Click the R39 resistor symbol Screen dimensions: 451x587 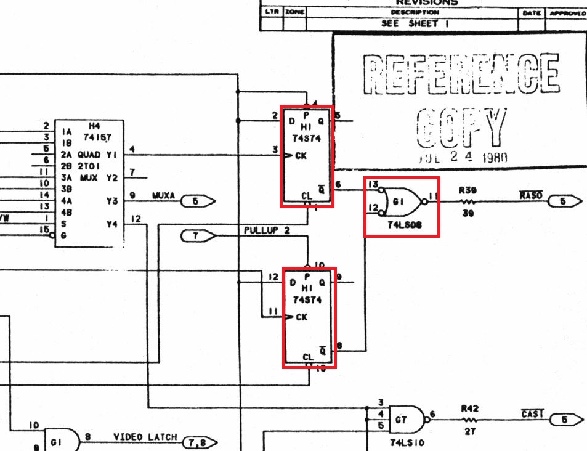click(466, 201)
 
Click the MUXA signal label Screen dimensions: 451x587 click(163, 197)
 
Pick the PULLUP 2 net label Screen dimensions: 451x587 click(267, 231)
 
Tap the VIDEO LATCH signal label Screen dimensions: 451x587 click(145, 437)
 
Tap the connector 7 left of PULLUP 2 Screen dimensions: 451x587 click(198, 235)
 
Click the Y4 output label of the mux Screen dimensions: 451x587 click(111, 224)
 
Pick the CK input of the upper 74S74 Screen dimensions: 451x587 click(301, 155)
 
